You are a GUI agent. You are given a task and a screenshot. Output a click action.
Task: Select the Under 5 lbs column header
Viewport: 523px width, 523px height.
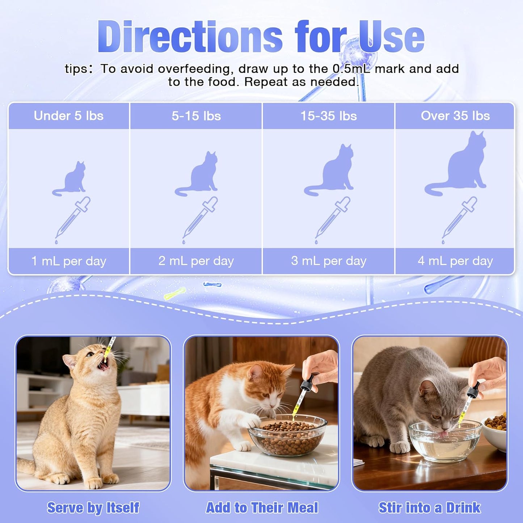[69, 116]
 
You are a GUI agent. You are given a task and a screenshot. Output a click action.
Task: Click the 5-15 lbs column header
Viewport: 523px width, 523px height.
[196, 116]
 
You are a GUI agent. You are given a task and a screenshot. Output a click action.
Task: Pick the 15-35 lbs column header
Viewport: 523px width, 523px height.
[329, 116]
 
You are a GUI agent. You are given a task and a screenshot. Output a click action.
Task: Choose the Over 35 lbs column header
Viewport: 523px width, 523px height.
[455, 116]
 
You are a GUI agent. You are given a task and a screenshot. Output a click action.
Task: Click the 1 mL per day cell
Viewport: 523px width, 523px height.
[69, 261]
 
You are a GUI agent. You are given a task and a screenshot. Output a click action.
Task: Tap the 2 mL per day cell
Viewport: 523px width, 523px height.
[196, 261]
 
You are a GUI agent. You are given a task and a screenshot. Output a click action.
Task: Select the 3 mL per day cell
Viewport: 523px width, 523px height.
[329, 261]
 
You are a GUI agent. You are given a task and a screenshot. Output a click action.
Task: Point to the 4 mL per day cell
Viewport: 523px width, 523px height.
[455, 261]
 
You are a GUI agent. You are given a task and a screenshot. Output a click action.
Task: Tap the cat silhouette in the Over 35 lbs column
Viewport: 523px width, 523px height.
[460, 165]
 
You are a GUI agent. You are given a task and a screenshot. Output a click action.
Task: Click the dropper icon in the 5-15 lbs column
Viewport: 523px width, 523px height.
[200, 219]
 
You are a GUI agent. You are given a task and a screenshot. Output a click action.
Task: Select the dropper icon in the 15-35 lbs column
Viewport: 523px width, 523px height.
[332, 219]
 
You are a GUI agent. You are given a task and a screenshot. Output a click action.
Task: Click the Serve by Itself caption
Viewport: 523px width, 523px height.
[93, 508]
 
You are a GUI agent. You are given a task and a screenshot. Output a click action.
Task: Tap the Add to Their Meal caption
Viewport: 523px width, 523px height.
[262, 508]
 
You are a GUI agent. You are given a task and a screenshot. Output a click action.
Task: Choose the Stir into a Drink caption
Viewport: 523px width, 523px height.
[430, 508]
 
